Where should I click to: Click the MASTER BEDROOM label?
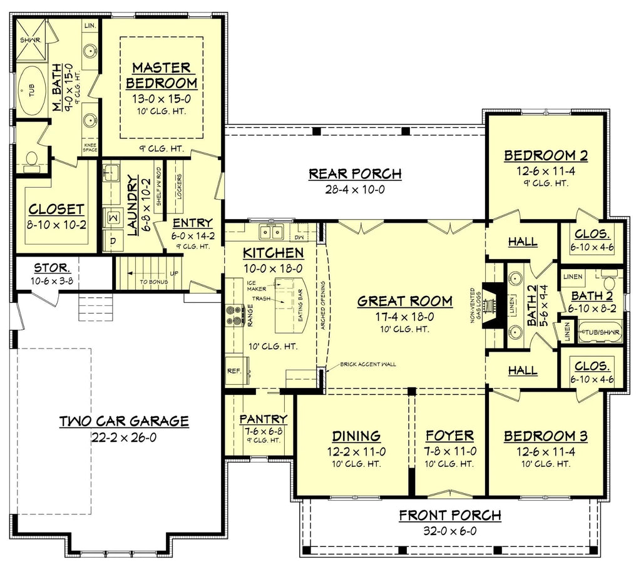tap(161, 75)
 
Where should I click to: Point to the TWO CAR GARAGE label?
tap(124, 421)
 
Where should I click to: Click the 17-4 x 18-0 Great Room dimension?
tap(404, 317)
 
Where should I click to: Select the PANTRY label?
tap(264, 419)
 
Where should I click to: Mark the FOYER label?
tap(449, 436)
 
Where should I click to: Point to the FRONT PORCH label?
tap(450, 515)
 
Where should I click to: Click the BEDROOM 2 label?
tap(546, 155)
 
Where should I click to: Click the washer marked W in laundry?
tap(114, 217)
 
